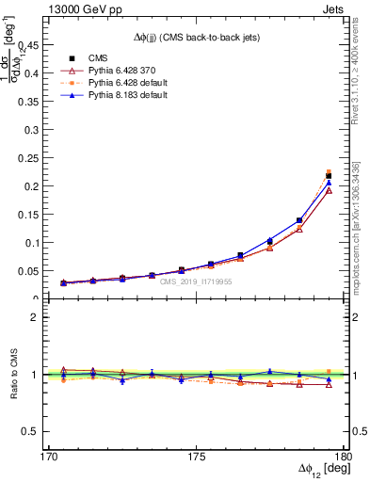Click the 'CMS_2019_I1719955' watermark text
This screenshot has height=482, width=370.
pyautogui.click(x=195, y=281)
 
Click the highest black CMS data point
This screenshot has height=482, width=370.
pyautogui.click(x=329, y=176)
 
